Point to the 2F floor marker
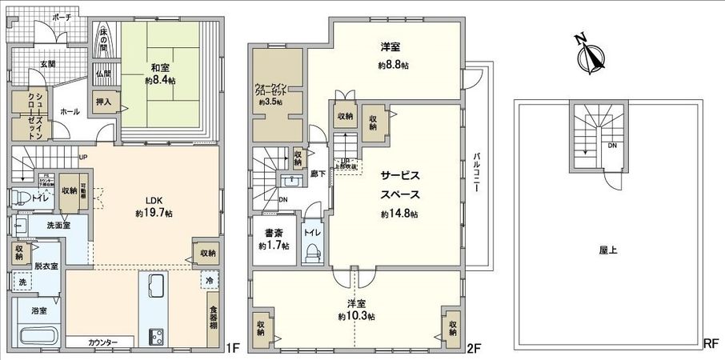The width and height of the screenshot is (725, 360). coord(474,348)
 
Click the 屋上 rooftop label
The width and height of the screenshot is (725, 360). coord(607,250)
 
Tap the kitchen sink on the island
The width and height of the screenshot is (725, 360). coord(154,285)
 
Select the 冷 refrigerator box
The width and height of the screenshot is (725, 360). coord(208,281)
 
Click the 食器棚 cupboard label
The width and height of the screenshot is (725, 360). coord(213,320)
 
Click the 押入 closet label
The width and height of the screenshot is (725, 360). coord(105,102)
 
